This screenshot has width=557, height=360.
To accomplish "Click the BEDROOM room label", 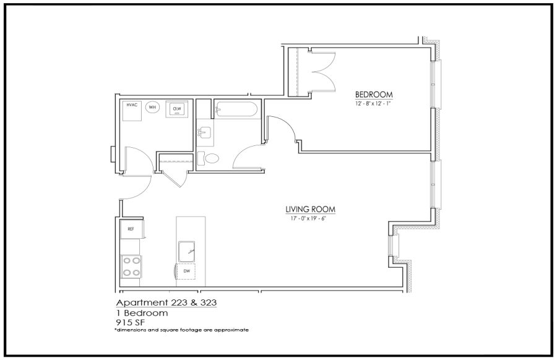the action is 374,95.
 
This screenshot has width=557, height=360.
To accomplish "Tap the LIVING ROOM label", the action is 310,210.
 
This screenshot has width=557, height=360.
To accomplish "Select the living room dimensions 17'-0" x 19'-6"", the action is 308,219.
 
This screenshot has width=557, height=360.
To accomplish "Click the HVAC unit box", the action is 132,111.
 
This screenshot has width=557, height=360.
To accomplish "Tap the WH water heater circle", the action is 152,107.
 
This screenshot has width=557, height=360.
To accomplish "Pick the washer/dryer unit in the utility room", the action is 176,109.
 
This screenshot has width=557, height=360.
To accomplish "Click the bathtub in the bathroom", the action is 236,109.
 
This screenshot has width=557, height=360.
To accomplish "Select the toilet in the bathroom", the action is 208,158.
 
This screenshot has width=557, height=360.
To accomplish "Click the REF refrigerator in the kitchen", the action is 131,229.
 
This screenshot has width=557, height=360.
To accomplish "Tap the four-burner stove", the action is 131,267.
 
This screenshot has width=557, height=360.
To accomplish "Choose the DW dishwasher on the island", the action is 186,272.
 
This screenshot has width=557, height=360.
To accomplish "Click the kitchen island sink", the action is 187,252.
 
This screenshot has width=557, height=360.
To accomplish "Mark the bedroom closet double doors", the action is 323,72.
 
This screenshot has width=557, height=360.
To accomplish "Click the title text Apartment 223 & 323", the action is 166,302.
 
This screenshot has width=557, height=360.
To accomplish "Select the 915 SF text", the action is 131,322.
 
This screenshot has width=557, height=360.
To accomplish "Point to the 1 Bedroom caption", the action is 142,313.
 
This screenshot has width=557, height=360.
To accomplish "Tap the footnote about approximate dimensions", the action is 181,330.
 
